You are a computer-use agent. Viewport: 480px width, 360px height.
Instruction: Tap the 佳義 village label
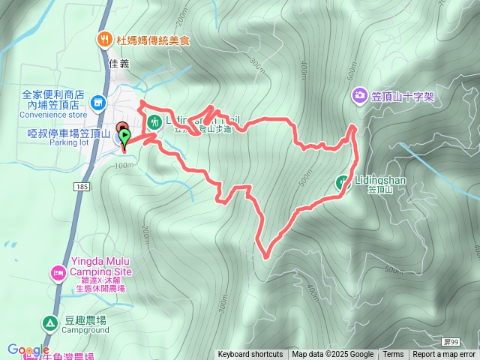coord(119,64)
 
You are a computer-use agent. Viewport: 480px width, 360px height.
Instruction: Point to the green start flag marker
coord(125,136)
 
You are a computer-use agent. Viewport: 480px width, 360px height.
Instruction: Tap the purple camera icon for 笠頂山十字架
coord(360,95)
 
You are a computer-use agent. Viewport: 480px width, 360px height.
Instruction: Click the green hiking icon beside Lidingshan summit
coord(342,181)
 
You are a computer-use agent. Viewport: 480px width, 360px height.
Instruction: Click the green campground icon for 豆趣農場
coord(49,323)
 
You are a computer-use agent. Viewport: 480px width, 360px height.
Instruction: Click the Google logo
coord(28,349)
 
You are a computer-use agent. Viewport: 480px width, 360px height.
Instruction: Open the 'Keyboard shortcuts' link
coord(250,355)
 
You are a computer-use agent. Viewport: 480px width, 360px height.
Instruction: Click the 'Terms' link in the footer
coord(393,355)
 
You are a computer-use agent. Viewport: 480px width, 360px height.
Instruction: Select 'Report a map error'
coord(444,355)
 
